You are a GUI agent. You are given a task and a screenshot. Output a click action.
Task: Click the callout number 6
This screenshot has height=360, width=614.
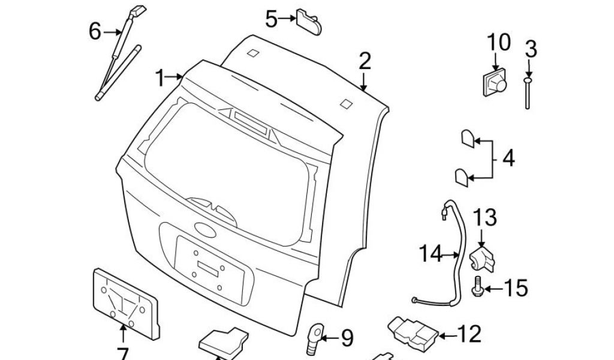point(95,31)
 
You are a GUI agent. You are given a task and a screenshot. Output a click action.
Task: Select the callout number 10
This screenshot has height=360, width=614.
point(498,43)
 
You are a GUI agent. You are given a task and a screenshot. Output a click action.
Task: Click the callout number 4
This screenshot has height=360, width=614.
point(508,159)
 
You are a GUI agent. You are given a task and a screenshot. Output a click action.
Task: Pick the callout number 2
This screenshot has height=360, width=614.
point(365,61)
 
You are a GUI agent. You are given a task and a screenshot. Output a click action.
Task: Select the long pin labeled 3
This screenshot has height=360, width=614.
point(528,93)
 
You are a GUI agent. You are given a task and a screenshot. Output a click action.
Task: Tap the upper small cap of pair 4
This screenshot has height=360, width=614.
point(467,139)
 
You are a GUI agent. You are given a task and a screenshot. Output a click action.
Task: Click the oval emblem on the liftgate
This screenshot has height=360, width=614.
point(204,229)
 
